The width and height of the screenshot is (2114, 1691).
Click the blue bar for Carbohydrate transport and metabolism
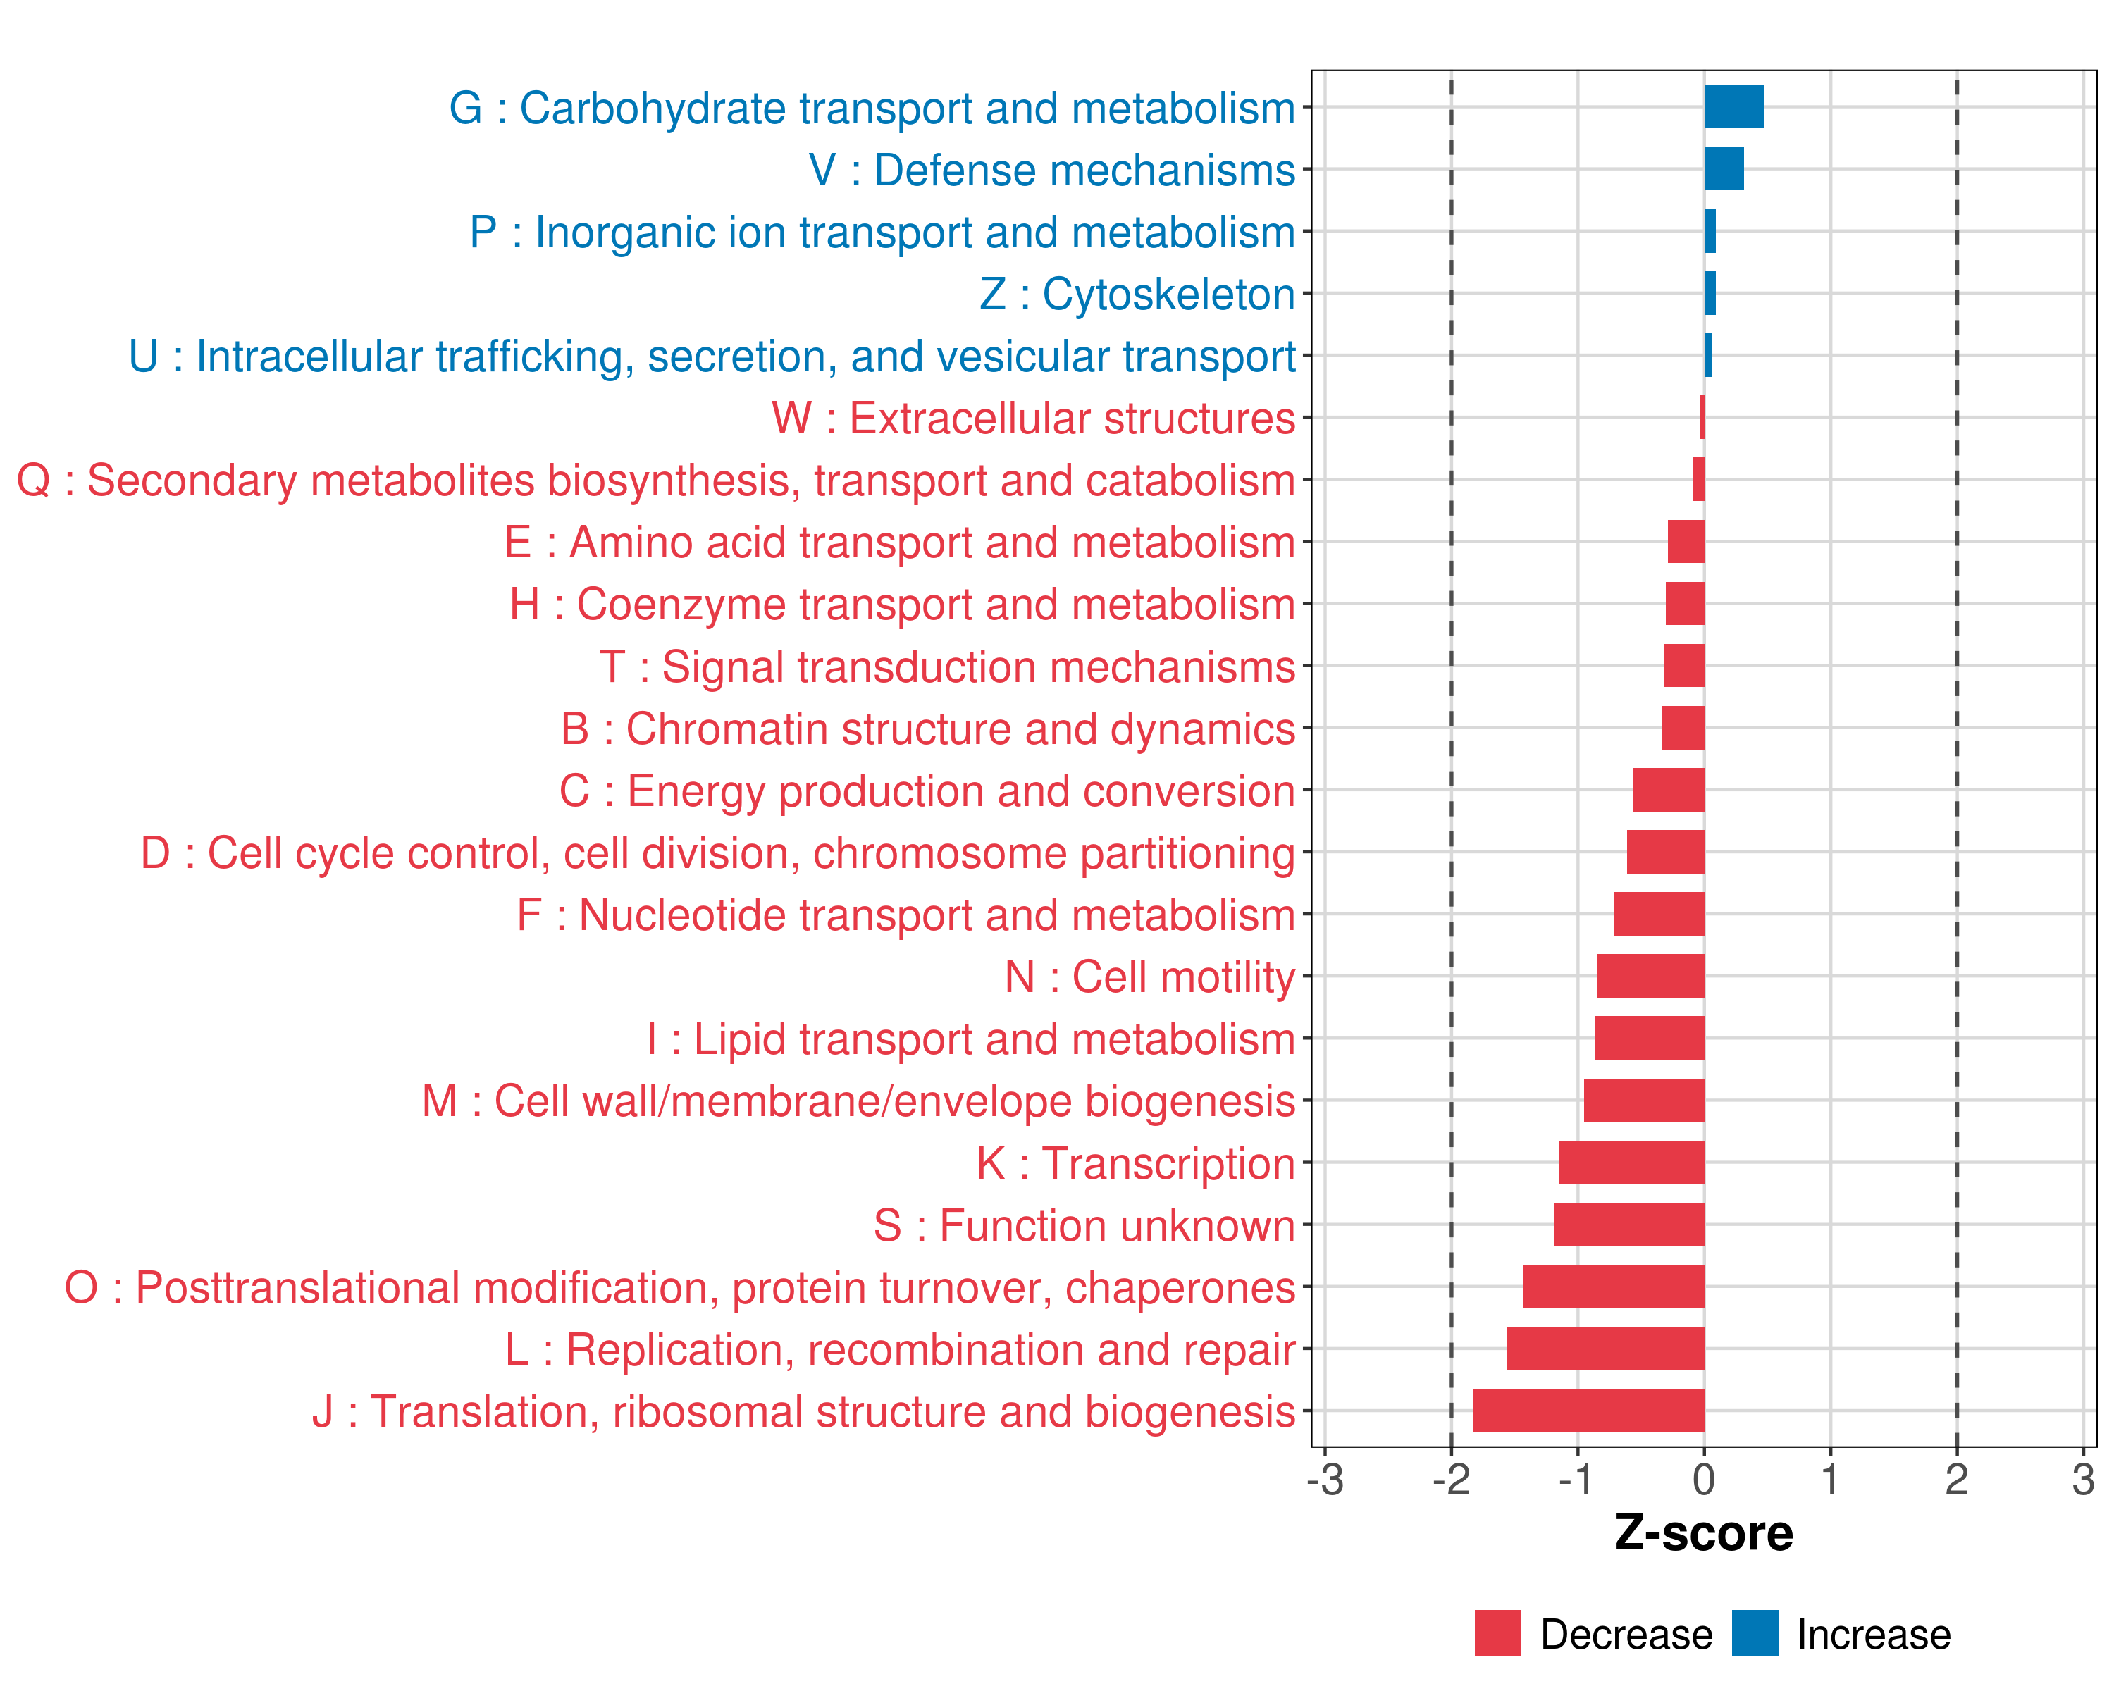pos(1733,107)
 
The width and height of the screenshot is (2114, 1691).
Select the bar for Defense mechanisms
pos(1723,168)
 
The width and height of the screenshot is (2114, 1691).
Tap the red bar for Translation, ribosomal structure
pos(1588,1410)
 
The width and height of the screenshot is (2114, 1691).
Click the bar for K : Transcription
pos(1631,1162)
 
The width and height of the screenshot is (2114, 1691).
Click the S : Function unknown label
pos(1084,1225)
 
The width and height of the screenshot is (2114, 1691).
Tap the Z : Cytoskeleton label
pos(1137,294)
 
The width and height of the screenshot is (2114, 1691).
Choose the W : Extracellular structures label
pos(1032,419)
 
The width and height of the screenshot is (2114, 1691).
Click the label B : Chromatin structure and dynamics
pos(927,729)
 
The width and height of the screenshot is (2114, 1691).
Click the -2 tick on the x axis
pos(1450,1479)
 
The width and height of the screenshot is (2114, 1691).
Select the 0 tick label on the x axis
pos(1703,1479)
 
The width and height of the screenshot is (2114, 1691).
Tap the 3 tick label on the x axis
pos(2082,1479)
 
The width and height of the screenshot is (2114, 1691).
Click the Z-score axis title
pos(1703,1532)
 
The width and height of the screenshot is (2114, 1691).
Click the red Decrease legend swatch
pos(1497,1633)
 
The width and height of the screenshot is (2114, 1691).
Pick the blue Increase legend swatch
pos(1754,1633)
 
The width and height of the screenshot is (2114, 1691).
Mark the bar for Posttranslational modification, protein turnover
pos(1613,1286)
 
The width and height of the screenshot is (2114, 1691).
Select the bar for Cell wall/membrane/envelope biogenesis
pos(1643,1100)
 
